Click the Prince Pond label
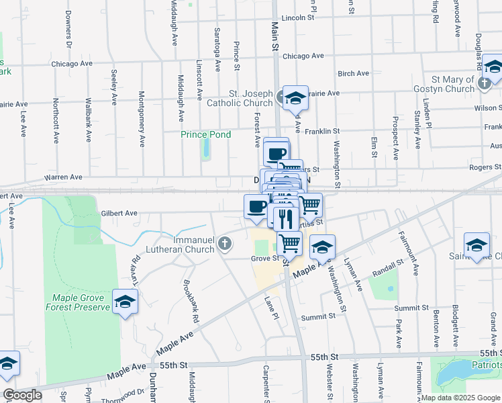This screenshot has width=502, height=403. tap(206, 134)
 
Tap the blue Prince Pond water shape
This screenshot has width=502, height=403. tap(205, 150)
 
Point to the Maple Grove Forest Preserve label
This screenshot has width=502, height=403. tap(77, 302)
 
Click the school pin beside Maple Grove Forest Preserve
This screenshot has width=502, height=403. tap(125, 303)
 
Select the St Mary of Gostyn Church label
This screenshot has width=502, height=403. tap(449, 84)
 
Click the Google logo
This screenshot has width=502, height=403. tap(21, 395)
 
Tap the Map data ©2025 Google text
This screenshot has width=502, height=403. tap(460, 398)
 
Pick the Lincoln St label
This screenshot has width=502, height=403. tap(299, 18)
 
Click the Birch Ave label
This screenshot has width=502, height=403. tap(354, 73)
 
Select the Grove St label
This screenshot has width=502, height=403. tap(264, 258)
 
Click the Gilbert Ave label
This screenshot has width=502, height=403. tap(119, 213)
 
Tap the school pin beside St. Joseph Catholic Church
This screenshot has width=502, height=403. tap(295, 98)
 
